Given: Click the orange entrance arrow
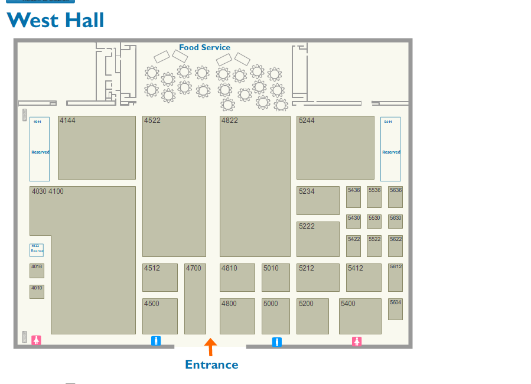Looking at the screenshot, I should (x=210, y=346).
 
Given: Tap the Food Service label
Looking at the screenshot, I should (x=204, y=47).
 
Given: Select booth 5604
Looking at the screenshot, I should (x=395, y=309).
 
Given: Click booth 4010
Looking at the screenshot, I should (x=37, y=291).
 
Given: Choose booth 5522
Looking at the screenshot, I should (x=374, y=246).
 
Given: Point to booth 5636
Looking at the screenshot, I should (x=395, y=197).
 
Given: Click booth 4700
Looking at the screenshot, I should (x=195, y=299).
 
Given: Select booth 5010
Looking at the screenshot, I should (x=275, y=278).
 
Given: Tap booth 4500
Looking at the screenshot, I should (x=159, y=316).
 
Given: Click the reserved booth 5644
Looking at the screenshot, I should (x=390, y=149).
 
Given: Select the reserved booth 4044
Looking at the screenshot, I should (x=40, y=149).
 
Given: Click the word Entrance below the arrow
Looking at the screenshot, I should (x=211, y=365).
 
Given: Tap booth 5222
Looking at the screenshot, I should (x=318, y=239).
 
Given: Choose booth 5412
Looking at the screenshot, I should (x=363, y=278).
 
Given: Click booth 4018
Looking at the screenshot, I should (x=37, y=271).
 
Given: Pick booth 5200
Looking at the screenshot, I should (x=312, y=316).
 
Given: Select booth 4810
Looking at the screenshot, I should (x=237, y=278).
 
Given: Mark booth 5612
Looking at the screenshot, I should (x=395, y=278).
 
